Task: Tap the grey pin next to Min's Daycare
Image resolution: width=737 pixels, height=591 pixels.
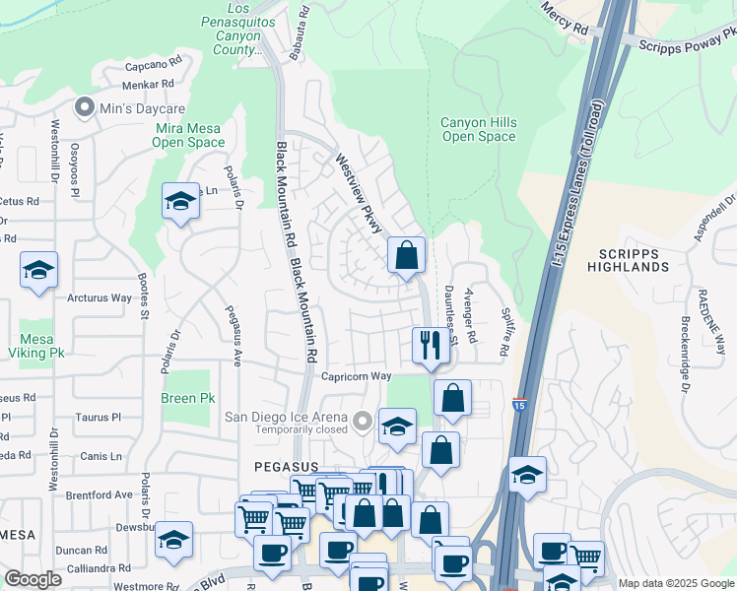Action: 84,106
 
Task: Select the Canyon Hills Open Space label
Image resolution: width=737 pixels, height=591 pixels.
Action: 478,129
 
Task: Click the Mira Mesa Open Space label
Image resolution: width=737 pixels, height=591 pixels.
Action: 188,135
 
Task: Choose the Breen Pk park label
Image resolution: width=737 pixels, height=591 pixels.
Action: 187,399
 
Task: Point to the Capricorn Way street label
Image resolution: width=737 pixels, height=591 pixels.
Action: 357,376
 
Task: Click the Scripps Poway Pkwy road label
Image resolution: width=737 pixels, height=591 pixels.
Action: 687,45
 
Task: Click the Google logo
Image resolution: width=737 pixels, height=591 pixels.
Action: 33,579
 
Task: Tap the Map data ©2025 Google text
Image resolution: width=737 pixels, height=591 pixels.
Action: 675,583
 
